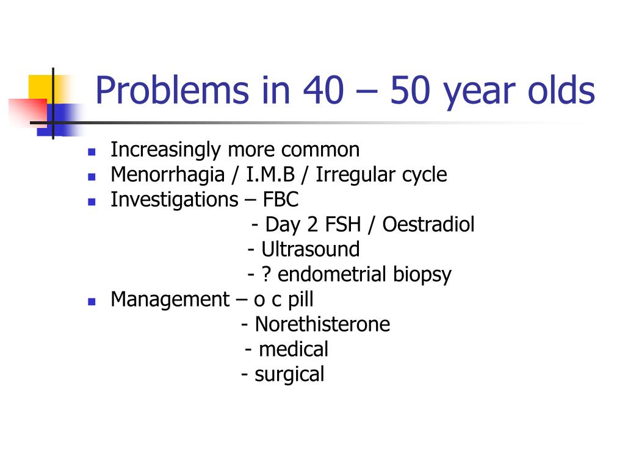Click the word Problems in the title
tap(172, 90)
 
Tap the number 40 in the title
tap(323, 90)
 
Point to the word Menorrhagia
tap(168, 175)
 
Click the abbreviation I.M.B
tap(270, 174)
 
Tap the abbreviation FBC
tap(281, 199)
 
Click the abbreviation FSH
tap(343, 224)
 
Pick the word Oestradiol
tap(428, 224)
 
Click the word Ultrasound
tap(311, 249)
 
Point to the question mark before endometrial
tap(266, 274)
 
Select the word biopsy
tap(422, 275)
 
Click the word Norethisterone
tap(322, 324)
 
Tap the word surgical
tap(289, 375)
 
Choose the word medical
tap(294, 349)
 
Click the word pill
tap(300, 300)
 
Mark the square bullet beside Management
tap(92, 302)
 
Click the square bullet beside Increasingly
tap(92, 152)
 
